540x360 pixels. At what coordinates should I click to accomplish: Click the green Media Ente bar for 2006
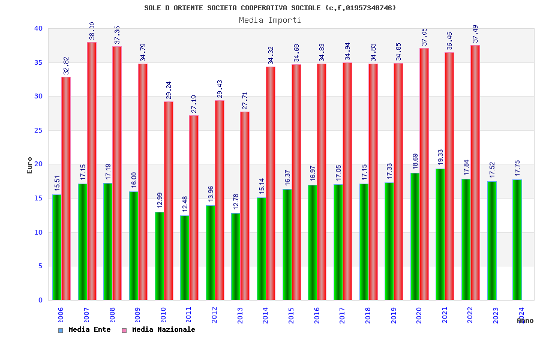pos(56,247)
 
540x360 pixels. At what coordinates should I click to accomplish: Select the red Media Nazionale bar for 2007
pos(92,171)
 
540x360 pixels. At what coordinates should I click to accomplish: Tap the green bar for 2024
pos(517,240)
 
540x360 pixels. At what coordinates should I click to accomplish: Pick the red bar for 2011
pos(194,208)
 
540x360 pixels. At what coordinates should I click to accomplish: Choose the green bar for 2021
pos(440,235)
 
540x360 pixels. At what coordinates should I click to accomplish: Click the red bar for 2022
pos(475,173)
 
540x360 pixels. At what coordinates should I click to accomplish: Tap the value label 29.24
pos(169,89)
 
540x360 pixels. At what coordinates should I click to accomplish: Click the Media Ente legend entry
pos(85,330)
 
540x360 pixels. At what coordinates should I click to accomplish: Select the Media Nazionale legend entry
pos(159,330)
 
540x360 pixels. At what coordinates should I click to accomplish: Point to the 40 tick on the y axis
pos(38,29)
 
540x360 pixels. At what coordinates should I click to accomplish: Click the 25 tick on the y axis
pos(38,130)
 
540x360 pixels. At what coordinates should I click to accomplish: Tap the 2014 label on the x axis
pos(266,316)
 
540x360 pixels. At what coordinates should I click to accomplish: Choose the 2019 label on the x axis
pos(394,316)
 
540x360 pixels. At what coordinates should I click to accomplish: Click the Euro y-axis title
pos(30,165)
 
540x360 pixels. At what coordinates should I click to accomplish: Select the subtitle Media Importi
pos(270,20)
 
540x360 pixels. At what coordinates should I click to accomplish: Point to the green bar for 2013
pos(236,257)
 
